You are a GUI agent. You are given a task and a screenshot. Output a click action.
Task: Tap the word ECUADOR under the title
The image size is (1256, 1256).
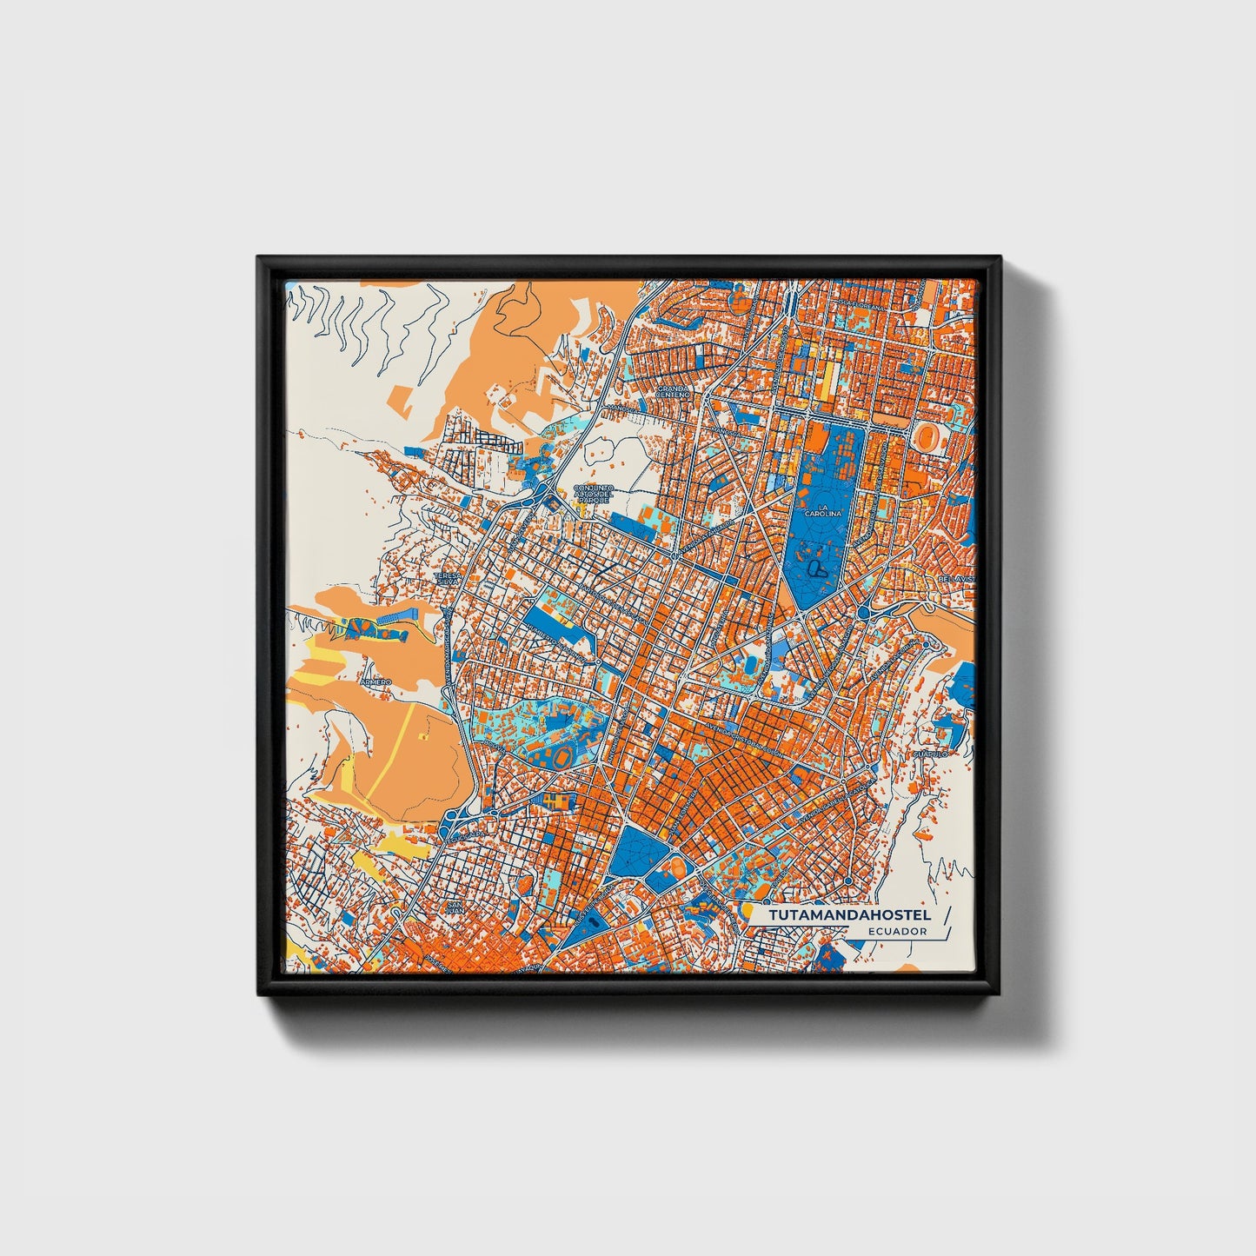point(896,931)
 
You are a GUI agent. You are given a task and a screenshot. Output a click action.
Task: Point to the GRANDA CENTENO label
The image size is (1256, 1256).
point(673,391)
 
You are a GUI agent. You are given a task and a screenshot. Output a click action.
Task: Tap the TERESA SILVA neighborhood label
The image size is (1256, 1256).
point(446,579)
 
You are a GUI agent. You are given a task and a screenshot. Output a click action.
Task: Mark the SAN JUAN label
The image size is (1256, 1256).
point(454,907)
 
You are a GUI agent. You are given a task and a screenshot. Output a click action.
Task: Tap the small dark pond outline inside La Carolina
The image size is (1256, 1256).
point(816,568)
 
